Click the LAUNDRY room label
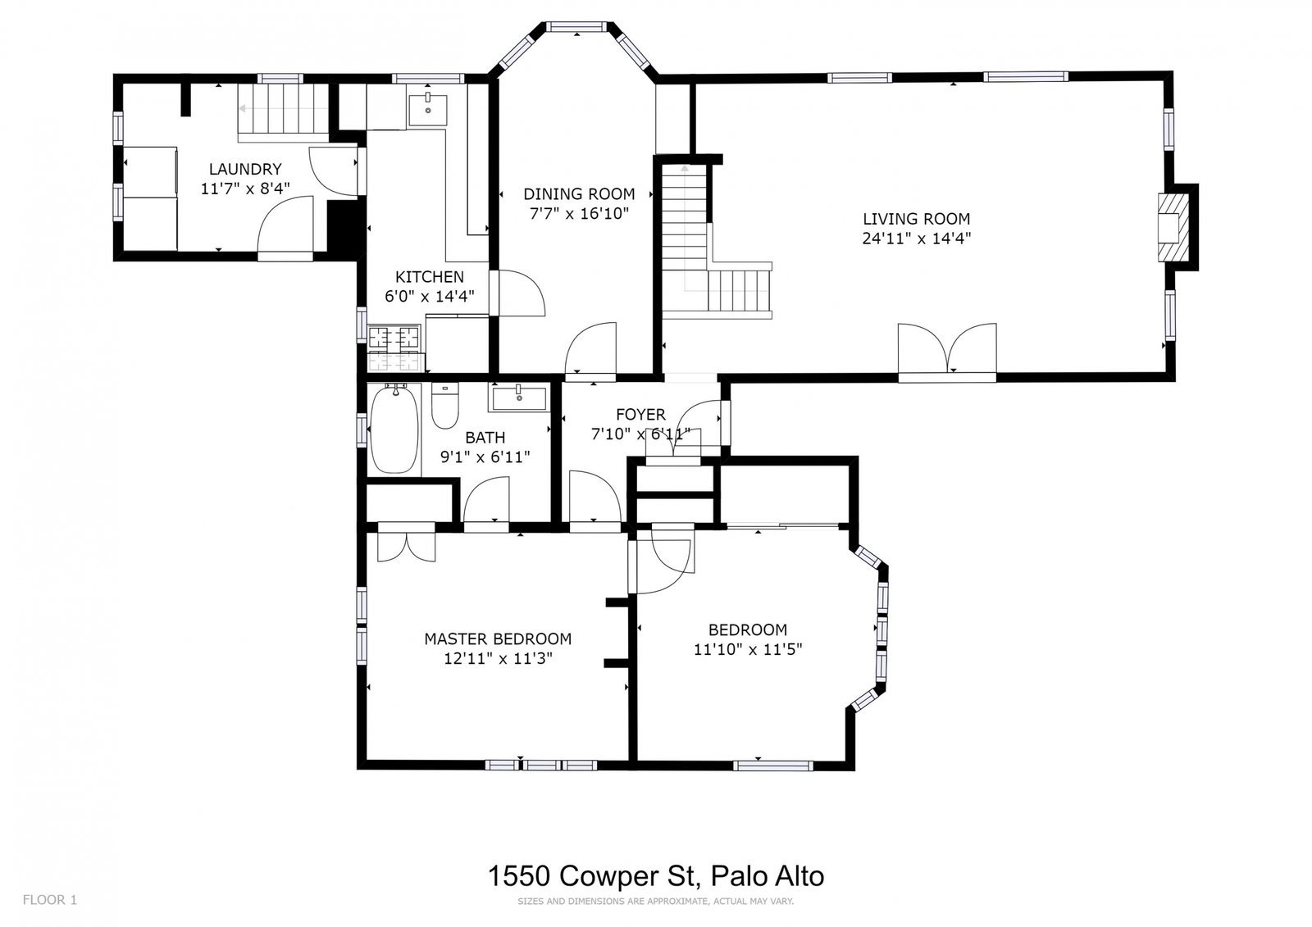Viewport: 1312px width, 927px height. [x=245, y=169]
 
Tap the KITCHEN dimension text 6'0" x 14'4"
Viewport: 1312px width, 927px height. [x=430, y=297]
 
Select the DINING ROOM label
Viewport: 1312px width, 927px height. [x=579, y=194]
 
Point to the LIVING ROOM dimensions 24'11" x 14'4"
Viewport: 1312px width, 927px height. [x=916, y=239]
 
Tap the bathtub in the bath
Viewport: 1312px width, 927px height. [x=394, y=430]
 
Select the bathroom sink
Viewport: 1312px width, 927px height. [x=518, y=398]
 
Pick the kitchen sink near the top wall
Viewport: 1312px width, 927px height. [x=428, y=107]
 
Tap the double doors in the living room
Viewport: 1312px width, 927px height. [x=948, y=351]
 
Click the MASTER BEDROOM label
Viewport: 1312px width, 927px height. [x=498, y=638]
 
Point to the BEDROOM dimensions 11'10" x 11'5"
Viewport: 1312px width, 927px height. [x=747, y=649]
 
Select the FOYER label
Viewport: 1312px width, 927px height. [x=640, y=415]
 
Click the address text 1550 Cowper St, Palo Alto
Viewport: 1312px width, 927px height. [x=656, y=875]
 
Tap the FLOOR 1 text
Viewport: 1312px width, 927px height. [x=49, y=900]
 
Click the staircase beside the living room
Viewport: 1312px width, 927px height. [x=686, y=238]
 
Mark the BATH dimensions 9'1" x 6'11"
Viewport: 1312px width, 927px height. [x=485, y=457]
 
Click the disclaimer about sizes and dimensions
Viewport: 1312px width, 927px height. [x=655, y=902]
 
